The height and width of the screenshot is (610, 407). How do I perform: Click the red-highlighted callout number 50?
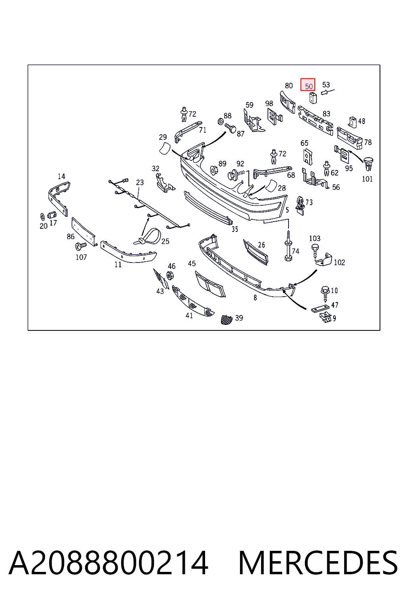[x=308, y=86]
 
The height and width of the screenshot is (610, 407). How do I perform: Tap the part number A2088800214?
[x=109, y=563]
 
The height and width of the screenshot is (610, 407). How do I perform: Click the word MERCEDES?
[x=318, y=563]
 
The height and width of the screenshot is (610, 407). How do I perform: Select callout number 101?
[x=367, y=179]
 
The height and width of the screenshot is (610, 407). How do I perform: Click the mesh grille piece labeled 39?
[x=227, y=319]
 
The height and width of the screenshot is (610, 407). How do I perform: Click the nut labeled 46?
[x=170, y=275]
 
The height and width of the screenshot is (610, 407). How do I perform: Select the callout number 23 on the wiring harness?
[x=140, y=182]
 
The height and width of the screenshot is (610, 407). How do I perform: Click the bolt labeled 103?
[x=314, y=250]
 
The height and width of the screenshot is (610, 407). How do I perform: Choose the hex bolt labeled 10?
[x=325, y=294]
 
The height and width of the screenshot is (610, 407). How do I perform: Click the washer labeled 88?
[x=220, y=122]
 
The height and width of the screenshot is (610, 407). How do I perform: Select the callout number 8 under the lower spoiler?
[x=255, y=298]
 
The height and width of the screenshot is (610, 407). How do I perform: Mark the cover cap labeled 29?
[x=165, y=149]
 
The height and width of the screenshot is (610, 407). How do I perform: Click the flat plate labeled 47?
[x=320, y=309]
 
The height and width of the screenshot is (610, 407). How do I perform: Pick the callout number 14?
[x=61, y=176]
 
